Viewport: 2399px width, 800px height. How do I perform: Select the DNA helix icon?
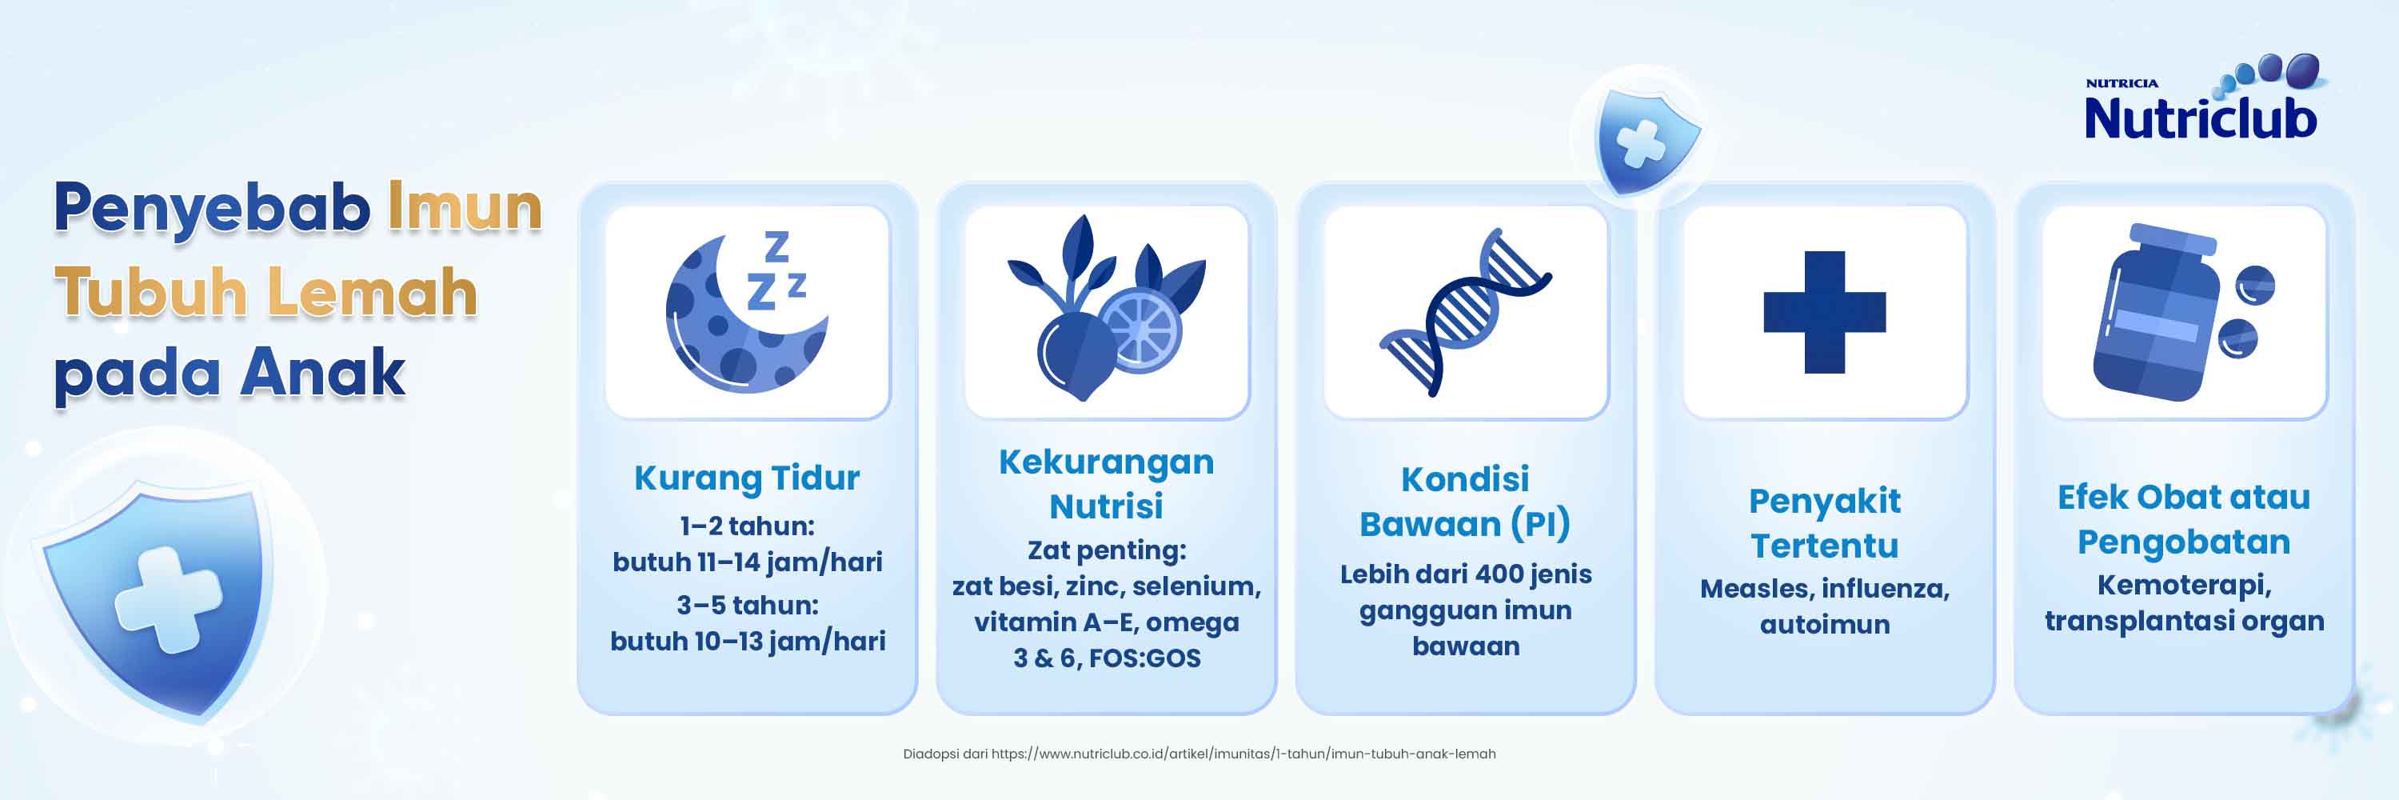[x=1465, y=312]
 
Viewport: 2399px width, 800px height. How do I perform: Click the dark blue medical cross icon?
[x=1824, y=312]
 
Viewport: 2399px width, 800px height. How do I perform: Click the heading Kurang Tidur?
[x=747, y=478]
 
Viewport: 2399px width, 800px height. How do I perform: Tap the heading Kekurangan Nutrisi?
[x=1107, y=483]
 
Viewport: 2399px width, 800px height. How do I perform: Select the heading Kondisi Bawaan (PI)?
[x=1465, y=501]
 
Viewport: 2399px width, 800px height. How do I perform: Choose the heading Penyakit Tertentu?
[x=1824, y=522]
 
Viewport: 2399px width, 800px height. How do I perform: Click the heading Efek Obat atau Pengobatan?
[x=2184, y=518]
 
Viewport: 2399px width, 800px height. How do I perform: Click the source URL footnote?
[x=1199, y=754]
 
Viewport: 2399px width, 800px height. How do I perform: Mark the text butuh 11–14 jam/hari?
[x=747, y=562]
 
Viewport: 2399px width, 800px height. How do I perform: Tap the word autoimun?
[x=1824, y=624]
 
